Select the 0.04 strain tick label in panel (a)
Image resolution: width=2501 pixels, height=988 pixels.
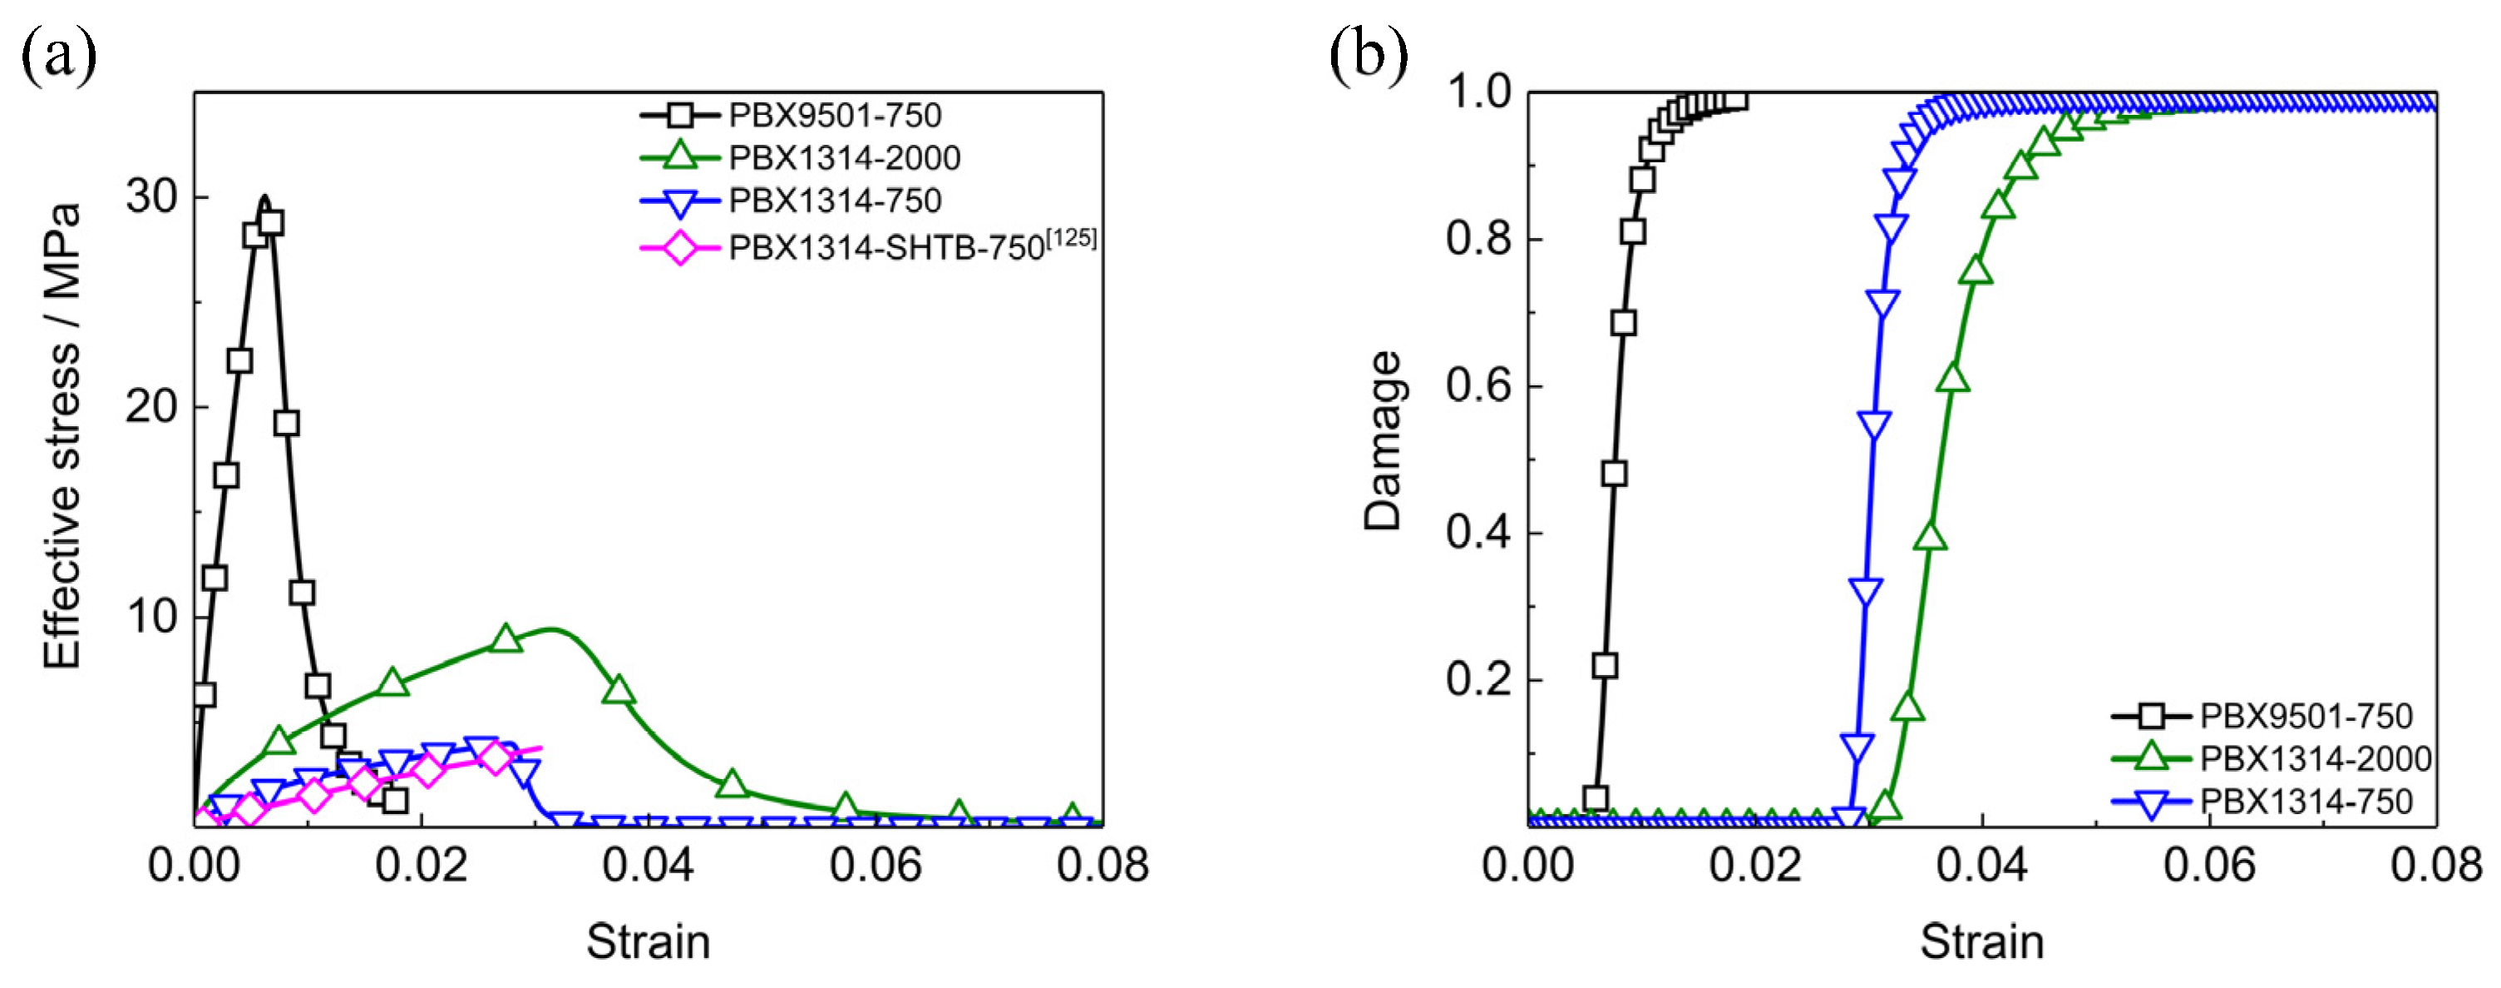click(648, 865)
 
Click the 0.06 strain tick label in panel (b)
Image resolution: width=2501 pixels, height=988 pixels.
click(2209, 865)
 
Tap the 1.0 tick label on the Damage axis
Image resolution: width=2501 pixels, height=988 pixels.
click(1477, 93)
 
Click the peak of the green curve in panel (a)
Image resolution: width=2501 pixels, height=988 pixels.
click(551, 628)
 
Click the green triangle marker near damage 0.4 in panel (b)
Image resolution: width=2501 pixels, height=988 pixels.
click(1930, 537)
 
